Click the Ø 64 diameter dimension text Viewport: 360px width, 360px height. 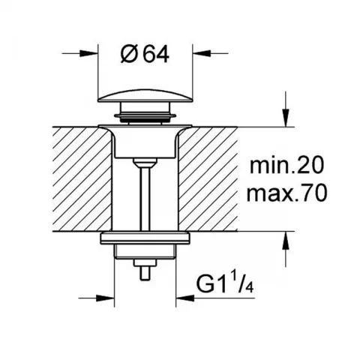(145, 55)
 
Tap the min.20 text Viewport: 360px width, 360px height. (286, 165)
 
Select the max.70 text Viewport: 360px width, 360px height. (286, 193)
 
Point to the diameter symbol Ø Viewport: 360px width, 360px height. (129, 55)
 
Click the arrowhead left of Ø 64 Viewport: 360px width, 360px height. (88, 53)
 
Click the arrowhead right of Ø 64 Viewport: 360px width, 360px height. (202, 53)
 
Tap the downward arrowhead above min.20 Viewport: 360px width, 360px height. (286, 118)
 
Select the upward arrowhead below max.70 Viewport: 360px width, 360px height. (286, 241)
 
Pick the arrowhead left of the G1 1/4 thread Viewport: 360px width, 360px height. (105, 298)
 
